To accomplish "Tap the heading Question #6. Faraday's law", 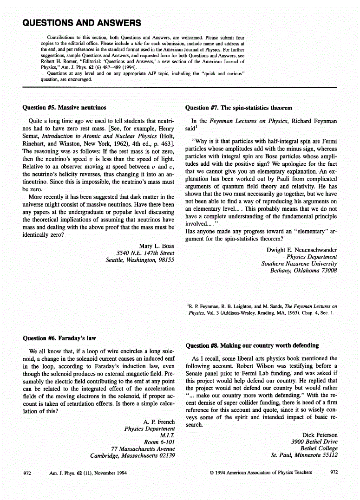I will pyautogui.click(x=59, y=338).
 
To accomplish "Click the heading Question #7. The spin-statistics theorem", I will pyautogui.click(x=239, y=108).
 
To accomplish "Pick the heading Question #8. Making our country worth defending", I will pyautogui.click(x=252, y=345).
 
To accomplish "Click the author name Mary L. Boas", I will pyautogui.click(x=157, y=246).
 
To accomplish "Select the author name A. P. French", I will pyautogui.click(x=159, y=422).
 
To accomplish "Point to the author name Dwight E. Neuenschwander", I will pyautogui.click(x=302, y=250).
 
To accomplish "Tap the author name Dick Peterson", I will pyautogui.click(x=320, y=435).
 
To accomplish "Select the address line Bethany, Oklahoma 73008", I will pyautogui.click(x=304, y=270).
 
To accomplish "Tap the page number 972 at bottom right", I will pyautogui.click(x=334, y=473).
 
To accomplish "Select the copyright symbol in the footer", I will pyautogui.click(x=211, y=473).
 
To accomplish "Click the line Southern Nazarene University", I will pyautogui.click(x=299, y=264).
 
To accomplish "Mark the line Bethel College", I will pyautogui.click(x=319, y=448).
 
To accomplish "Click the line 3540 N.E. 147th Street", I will pyautogui.click(x=145, y=253).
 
